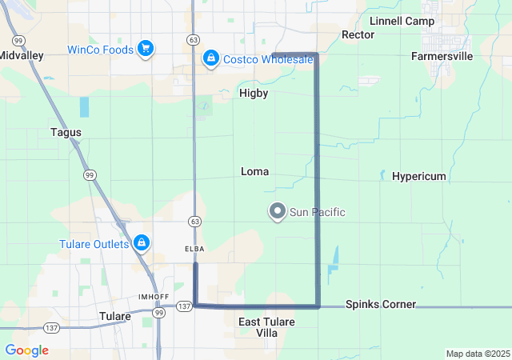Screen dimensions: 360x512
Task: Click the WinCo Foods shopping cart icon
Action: coord(145,50)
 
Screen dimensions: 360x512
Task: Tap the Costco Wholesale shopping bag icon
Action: coord(210,58)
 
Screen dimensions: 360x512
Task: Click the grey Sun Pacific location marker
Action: coord(278,212)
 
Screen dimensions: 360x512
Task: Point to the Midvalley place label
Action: coord(21,56)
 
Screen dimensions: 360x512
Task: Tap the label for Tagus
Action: coord(66,132)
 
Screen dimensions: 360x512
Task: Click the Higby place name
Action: coord(254,94)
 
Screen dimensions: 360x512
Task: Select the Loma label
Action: coord(254,172)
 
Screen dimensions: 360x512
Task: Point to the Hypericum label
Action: coord(418,177)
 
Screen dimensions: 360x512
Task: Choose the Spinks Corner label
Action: coord(381,305)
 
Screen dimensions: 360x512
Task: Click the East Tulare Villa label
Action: coord(267,327)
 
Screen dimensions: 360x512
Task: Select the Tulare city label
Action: coord(114,317)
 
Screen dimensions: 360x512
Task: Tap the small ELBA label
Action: coord(194,249)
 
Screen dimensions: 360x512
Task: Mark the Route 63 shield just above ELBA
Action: coord(194,220)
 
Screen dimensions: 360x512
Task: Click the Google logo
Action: coord(26,350)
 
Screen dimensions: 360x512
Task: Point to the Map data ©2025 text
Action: coord(477,354)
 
